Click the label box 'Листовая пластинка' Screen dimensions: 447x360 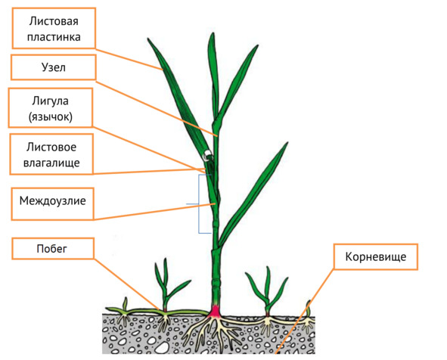tap(54, 28)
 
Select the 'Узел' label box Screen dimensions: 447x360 tap(54, 67)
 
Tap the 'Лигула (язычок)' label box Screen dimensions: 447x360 tap(51, 107)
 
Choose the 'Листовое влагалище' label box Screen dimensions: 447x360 tap(51, 154)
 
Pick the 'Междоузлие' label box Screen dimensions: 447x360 tap(52, 203)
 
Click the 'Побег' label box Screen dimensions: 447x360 tap(53, 249)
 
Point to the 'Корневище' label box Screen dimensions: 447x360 tap(376, 257)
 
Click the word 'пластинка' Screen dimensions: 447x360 tap(54, 37)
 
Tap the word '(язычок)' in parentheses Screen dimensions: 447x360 tap(51, 116)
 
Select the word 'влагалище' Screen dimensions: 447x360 tap(51, 163)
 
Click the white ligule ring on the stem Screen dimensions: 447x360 tap(206, 156)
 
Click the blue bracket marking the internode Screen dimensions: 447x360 tap(199, 204)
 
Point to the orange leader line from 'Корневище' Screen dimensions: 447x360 tap(305, 311)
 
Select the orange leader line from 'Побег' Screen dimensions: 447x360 tap(127, 284)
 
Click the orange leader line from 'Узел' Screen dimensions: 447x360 tap(157, 109)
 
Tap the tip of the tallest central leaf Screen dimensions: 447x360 tap(213, 33)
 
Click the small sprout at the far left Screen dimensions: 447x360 tap(125, 303)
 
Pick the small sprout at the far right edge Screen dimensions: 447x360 tap(308, 308)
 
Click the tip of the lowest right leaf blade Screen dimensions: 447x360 tap(287, 142)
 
